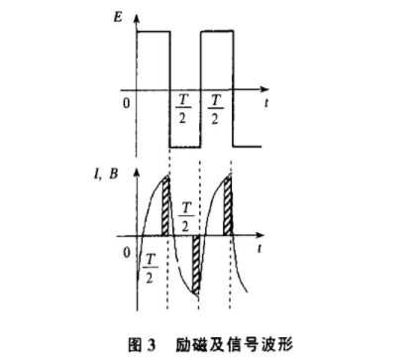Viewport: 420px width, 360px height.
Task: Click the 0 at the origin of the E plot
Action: tap(125, 102)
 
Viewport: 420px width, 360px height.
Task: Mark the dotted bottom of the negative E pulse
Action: tap(184, 147)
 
